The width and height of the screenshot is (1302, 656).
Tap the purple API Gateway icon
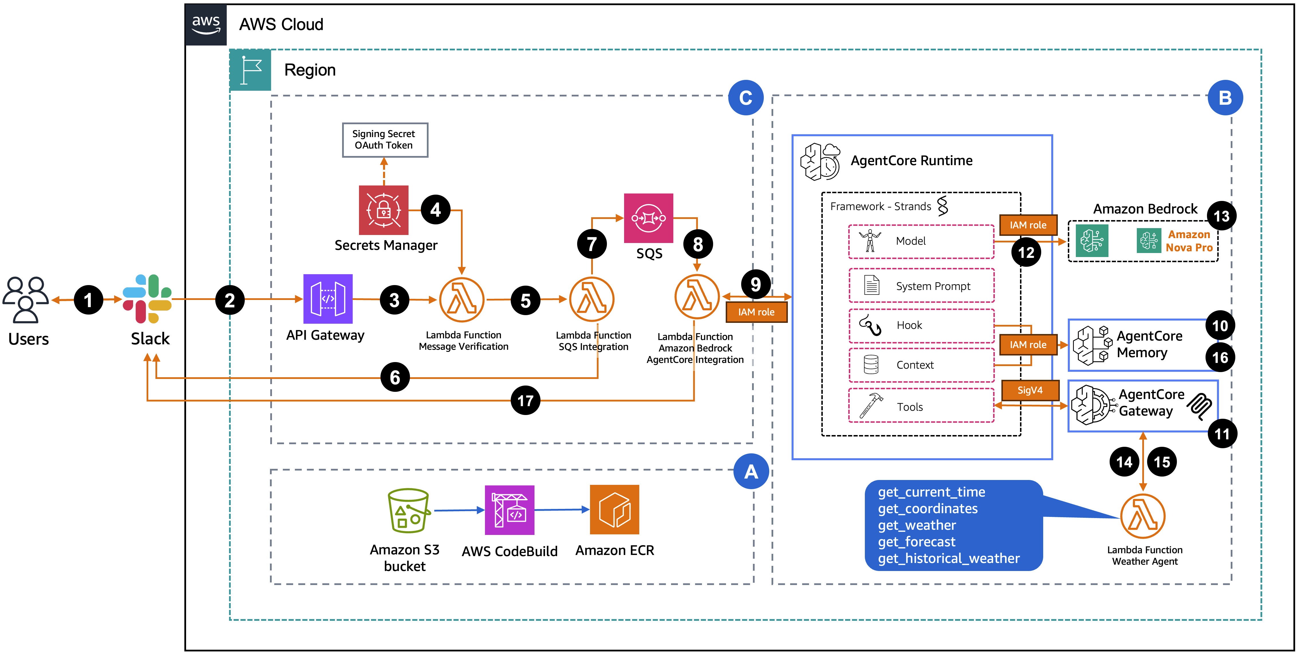(x=328, y=299)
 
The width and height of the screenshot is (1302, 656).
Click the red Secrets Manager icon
(x=383, y=210)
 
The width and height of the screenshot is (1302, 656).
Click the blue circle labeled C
(x=745, y=98)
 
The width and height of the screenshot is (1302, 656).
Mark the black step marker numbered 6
(x=395, y=377)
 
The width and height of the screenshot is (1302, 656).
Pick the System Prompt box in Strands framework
(x=921, y=286)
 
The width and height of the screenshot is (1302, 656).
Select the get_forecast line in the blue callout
(x=916, y=542)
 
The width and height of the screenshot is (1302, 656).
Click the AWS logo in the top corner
(x=206, y=24)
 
